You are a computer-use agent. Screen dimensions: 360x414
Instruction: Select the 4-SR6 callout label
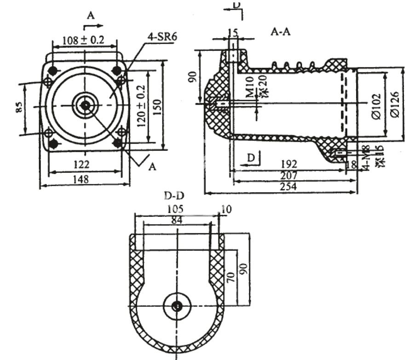[x=162, y=36]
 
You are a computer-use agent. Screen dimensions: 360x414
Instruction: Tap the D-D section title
[x=175, y=197]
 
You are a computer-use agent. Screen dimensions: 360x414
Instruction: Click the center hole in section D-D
[x=177, y=306]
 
